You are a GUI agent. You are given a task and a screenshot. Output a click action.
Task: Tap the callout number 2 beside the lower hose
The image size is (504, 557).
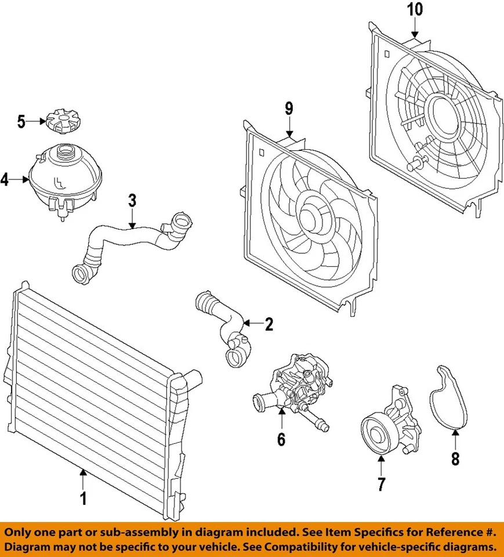point(269,324)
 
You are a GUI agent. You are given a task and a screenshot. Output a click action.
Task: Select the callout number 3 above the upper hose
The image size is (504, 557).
point(132,201)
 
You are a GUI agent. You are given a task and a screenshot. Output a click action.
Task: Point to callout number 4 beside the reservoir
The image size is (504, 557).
point(5,180)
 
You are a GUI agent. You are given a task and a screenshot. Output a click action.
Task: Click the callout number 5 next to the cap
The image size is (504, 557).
point(21,121)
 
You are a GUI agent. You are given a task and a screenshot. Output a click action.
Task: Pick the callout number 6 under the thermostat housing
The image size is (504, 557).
point(281,439)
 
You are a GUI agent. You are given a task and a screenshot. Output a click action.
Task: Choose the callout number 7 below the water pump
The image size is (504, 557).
point(381,484)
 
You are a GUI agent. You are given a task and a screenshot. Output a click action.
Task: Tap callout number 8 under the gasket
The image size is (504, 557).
point(455,459)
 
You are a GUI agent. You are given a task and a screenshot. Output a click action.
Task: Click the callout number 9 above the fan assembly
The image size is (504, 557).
point(289,108)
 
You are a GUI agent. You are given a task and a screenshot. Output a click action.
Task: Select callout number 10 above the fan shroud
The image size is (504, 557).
point(416,9)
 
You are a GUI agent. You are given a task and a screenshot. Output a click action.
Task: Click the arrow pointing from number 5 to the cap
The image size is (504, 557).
point(35,121)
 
